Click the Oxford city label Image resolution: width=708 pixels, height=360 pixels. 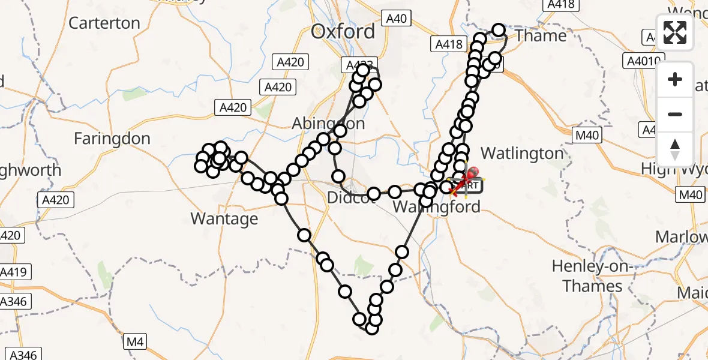[x=343, y=32]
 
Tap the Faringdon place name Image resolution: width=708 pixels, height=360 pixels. [x=112, y=139]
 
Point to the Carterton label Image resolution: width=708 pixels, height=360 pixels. [x=104, y=23]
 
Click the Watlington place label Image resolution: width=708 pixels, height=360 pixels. [x=522, y=154]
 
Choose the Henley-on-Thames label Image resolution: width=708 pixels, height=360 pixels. [x=592, y=276]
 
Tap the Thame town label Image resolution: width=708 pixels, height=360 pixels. [x=541, y=36]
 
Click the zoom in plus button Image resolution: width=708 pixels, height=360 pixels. [x=675, y=79]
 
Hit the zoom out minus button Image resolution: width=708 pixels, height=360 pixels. [x=675, y=114]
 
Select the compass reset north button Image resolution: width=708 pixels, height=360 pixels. [x=675, y=149]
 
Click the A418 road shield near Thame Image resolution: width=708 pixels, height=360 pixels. [x=448, y=44]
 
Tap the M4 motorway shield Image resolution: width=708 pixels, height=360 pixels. [x=134, y=343]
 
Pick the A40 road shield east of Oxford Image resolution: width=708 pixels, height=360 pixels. [x=396, y=19]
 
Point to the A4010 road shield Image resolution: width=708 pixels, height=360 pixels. [x=644, y=61]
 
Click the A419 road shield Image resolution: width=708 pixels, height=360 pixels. [x=13, y=272]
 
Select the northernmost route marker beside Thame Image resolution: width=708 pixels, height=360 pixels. [x=499, y=29]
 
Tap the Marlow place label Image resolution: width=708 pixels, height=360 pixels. [x=680, y=237]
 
